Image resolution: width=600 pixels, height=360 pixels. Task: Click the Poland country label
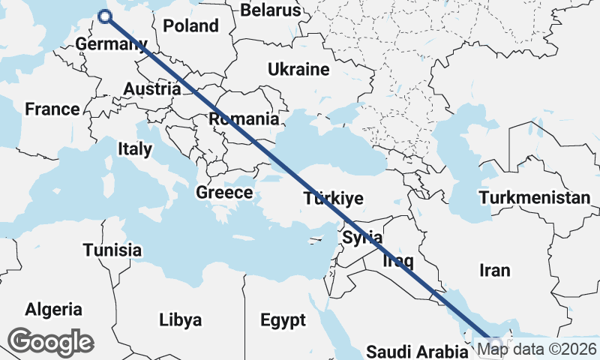coord(190,25)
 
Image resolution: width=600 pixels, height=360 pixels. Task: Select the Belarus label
coord(270,10)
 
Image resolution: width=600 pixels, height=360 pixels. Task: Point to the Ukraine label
coord(298,70)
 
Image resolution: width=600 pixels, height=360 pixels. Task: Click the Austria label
coord(151,88)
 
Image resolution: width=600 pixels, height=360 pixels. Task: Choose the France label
coord(52,109)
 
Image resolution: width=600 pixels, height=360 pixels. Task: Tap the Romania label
coord(244,118)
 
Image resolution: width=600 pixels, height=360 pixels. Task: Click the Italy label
coord(134,149)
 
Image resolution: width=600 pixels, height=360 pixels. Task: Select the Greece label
coord(224,193)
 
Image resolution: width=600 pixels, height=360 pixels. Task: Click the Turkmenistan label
coord(535,198)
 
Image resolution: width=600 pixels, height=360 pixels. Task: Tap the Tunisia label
coord(112,250)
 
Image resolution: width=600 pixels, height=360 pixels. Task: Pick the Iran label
coord(495,270)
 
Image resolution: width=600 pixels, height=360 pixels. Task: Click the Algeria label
coord(53,309)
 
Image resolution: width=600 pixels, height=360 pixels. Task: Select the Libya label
coord(180,320)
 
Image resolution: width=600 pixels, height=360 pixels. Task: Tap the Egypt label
coord(283,320)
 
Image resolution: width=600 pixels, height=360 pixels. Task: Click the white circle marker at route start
coord(105,16)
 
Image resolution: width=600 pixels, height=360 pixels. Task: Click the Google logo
coord(50,342)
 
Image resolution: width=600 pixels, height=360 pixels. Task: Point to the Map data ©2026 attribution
coord(537,349)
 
